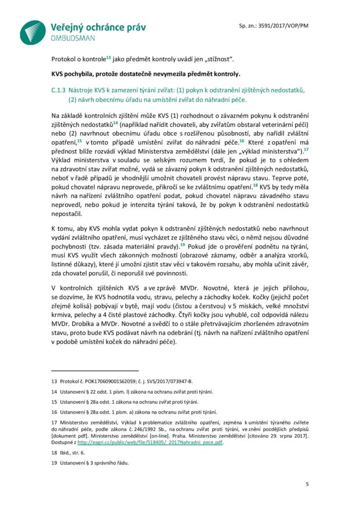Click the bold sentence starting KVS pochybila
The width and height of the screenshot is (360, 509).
click(x=145, y=75)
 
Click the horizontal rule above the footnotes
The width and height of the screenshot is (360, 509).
click(x=95, y=371)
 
